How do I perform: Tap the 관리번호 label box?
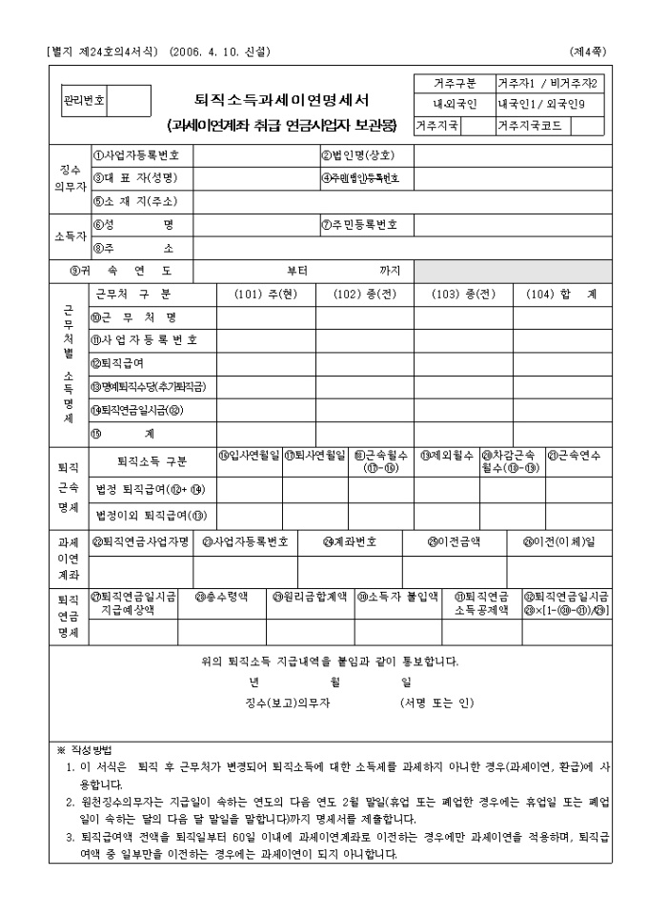84,100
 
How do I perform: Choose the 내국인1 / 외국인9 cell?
550,104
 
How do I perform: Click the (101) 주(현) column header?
266,295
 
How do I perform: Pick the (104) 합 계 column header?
561,295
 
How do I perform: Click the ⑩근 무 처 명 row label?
134,317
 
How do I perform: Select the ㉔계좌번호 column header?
352,541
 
